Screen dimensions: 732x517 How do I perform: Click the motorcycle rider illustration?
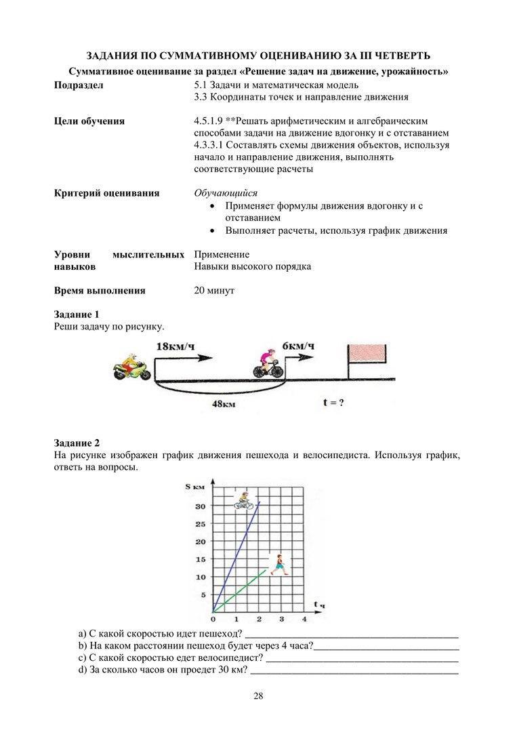(131, 366)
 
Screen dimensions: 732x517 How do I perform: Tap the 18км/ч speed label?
(175, 346)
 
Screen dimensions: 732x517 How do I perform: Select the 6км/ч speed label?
(298, 346)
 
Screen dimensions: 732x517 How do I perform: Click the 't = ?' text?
(333, 402)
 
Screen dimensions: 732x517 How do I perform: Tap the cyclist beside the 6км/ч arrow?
(268, 363)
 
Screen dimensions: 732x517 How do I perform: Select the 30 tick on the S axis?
(199, 506)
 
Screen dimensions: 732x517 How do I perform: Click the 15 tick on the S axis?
(199, 559)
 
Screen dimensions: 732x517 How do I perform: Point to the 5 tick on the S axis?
(201, 595)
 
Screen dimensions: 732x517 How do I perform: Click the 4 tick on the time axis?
(304, 619)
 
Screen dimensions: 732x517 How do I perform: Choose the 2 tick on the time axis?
(259, 619)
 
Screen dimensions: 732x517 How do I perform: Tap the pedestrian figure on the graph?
(277, 564)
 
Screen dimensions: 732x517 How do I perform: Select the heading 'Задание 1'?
(77, 314)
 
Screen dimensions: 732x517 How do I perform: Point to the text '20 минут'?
(214, 291)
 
